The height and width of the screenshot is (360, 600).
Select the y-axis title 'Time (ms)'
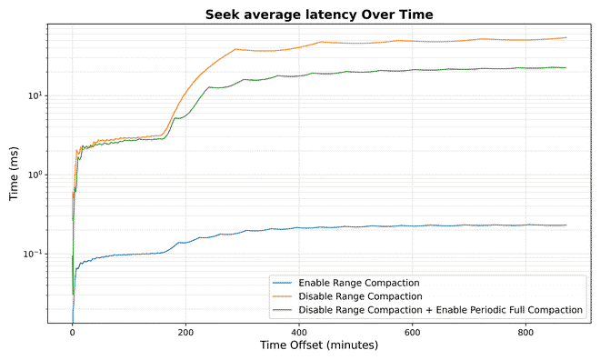15,173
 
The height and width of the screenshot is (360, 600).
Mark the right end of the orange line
565,37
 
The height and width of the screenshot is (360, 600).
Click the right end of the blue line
565,225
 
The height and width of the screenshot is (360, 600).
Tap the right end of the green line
565,67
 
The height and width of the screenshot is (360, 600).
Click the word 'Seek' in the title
223,14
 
